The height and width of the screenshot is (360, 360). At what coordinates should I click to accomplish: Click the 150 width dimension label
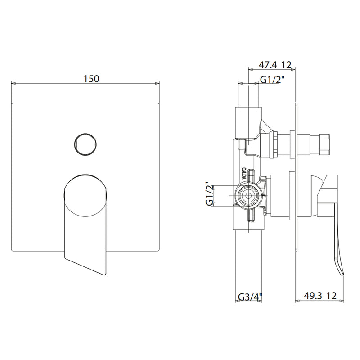click(91, 79)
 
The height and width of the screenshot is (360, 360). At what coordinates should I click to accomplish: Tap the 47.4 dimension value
click(268, 65)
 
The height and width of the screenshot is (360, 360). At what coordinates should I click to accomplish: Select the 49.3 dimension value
click(313, 296)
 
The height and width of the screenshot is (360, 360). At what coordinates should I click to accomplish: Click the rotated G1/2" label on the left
click(210, 194)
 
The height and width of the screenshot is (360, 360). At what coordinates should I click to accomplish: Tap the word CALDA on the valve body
click(243, 174)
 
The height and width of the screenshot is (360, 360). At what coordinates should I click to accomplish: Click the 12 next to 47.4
click(286, 65)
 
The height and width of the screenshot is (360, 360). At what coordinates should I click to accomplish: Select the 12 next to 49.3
click(332, 296)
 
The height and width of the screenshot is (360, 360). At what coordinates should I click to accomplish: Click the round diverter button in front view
click(85, 144)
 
